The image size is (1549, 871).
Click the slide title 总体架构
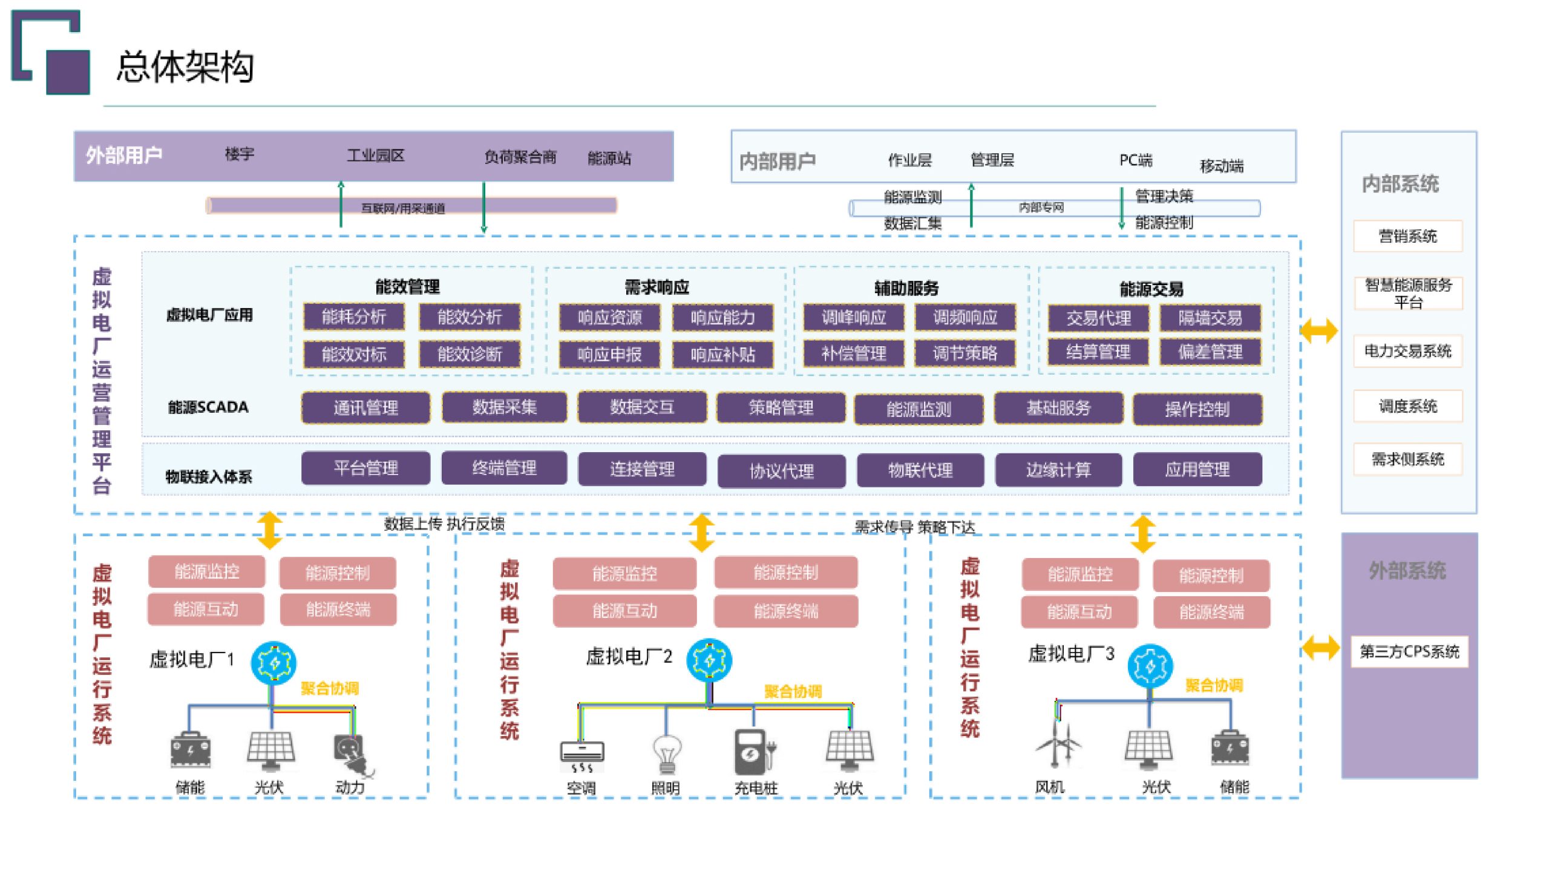[185, 67]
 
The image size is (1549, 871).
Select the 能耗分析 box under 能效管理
[354, 317]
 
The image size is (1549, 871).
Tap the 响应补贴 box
[722, 355]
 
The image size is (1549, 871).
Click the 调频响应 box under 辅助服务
[965, 317]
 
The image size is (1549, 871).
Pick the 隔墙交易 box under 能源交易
[1210, 318]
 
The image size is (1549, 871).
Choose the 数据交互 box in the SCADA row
[641, 407]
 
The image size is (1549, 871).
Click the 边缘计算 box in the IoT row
[1058, 470]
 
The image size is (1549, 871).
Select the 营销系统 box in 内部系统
[1407, 236]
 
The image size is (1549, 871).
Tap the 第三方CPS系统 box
[1409, 651]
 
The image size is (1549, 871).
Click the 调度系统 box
[1407, 406]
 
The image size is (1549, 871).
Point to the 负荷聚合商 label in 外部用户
[520, 157]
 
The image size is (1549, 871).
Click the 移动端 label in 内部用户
[1221, 166]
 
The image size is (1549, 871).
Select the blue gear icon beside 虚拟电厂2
[709, 660]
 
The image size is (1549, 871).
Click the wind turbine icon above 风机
[1057, 744]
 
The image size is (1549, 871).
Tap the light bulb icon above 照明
[666, 754]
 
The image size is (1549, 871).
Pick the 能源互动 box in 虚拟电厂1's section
[206, 609]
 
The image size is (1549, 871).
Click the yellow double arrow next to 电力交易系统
[1318, 330]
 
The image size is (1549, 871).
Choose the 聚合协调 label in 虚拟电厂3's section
[1213, 685]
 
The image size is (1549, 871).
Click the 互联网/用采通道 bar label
[403, 208]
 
